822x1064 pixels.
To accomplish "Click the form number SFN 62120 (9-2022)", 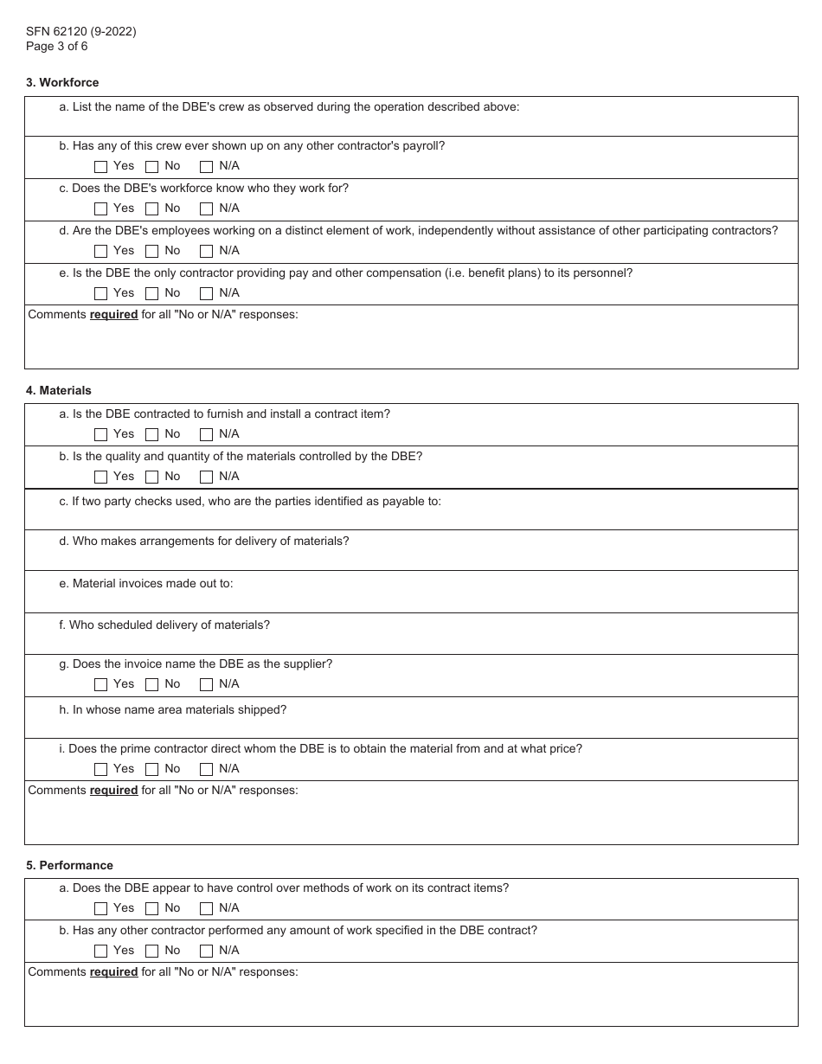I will (x=80, y=32).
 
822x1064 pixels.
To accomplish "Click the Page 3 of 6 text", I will (x=56, y=47).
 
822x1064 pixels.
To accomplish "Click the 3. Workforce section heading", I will (x=62, y=83).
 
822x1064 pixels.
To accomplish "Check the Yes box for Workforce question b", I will (x=101, y=166).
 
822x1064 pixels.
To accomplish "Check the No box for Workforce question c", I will (x=152, y=208).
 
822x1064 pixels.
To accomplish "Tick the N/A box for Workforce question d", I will (x=206, y=251).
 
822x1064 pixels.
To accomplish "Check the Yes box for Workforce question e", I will (x=101, y=293).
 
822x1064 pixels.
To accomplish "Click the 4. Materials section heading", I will (x=58, y=391).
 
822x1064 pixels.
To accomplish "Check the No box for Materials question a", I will (x=152, y=434).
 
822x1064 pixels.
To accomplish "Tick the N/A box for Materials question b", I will (x=206, y=477).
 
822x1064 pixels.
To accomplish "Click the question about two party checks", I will (x=250, y=502).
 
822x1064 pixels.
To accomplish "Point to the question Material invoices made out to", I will (x=146, y=584).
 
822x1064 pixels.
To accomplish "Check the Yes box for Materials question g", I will (x=101, y=684).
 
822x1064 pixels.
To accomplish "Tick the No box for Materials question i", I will (x=152, y=769).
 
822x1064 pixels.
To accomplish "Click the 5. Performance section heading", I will (x=69, y=866).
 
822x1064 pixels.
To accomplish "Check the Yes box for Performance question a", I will (x=101, y=908).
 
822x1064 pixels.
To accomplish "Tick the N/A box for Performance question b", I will (x=206, y=951).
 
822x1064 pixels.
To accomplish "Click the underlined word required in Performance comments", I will (x=113, y=972).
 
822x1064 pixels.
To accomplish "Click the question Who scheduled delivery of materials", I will (x=164, y=625).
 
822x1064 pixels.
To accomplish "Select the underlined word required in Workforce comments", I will (x=113, y=315).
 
